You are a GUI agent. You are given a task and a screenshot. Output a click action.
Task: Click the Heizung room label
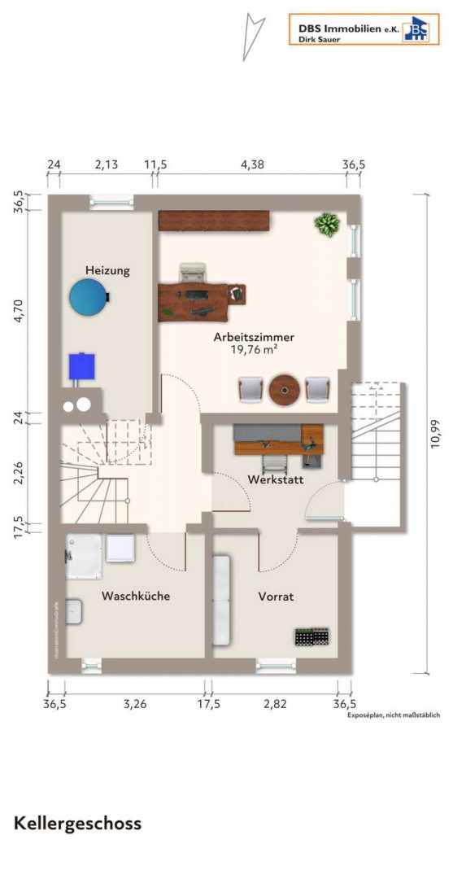[x=107, y=269]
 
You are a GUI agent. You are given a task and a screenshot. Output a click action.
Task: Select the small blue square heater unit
[x=81, y=365]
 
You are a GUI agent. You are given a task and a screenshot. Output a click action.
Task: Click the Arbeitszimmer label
[x=254, y=337]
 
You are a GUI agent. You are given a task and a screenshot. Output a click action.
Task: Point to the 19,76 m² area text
[x=254, y=352]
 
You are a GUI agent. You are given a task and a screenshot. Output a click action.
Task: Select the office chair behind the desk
[x=194, y=273]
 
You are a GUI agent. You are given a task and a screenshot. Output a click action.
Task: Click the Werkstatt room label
[x=277, y=480]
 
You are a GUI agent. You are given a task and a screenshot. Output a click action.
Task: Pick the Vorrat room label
[x=276, y=597]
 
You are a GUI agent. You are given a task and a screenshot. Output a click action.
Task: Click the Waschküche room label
[x=136, y=596]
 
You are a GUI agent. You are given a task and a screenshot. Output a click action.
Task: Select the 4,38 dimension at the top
[x=252, y=164]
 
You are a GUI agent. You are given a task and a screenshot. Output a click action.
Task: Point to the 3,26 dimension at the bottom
[x=134, y=704]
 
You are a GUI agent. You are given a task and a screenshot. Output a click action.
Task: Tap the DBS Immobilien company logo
[x=364, y=29]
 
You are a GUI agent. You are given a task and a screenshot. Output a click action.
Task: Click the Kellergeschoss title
[x=77, y=823]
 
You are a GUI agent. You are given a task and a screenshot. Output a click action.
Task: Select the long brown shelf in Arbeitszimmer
[x=214, y=220]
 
